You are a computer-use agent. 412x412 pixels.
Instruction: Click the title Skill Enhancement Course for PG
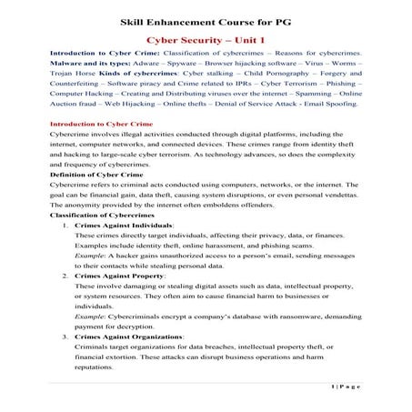[x=206, y=20]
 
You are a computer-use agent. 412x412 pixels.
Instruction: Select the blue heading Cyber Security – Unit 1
[x=206, y=41]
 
